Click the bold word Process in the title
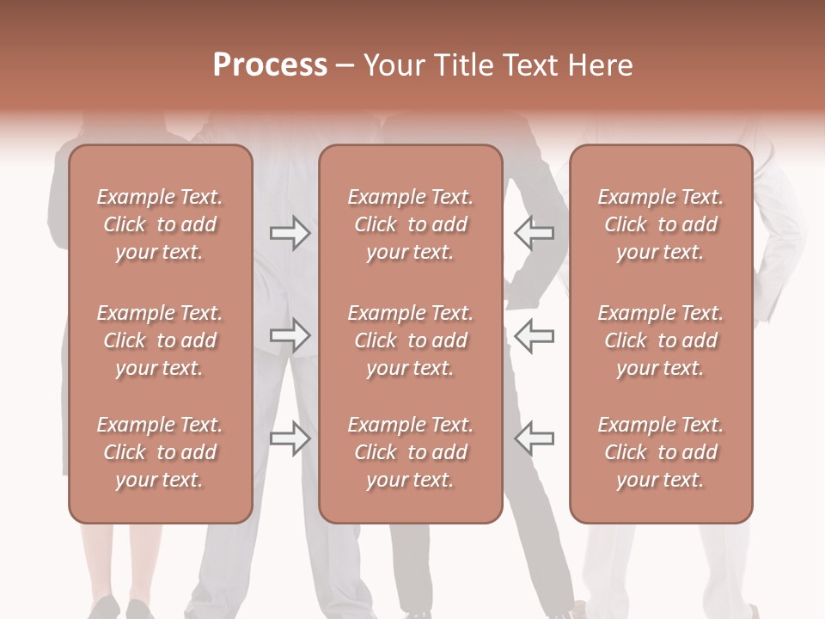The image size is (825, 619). [270, 65]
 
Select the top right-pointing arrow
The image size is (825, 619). [290, 232]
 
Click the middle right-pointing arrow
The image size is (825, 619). [290, 335]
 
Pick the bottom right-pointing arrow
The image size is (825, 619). [290, 438]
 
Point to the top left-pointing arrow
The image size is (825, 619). [534, 232]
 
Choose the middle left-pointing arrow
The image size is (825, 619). [534, 335]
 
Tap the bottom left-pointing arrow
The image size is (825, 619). [534, 438]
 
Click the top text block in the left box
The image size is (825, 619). [160, 224]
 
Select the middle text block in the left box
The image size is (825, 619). [160, 340]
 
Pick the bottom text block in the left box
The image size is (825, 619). [160, 452]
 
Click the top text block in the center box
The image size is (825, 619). [411, 224]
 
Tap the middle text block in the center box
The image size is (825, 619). [411, 340]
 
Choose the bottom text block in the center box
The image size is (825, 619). [411, 452]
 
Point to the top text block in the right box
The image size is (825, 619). [661, 224]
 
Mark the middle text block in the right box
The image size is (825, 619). [661, 340]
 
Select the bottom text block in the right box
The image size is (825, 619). [661, 452]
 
